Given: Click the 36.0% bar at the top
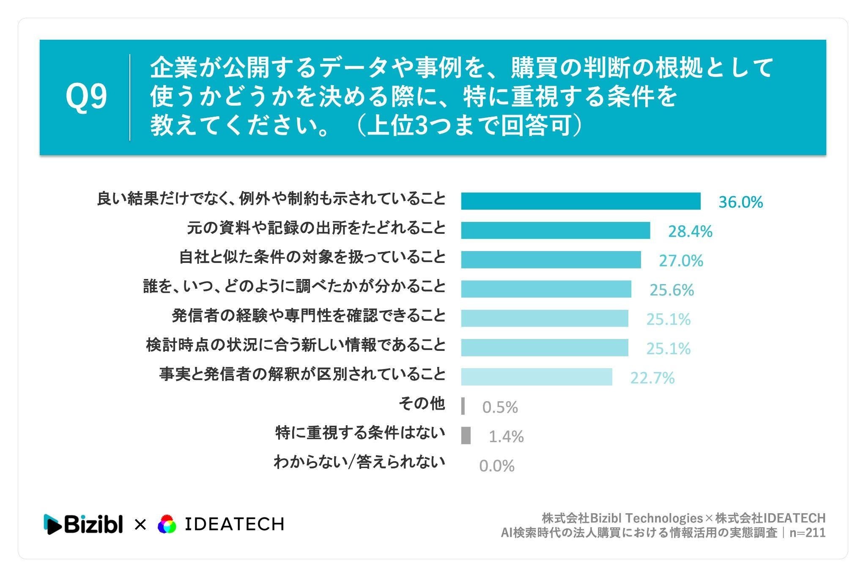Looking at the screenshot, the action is click(581, 201).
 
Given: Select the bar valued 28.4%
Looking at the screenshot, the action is click(556, 230).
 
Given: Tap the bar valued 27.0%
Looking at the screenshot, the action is click(551, 260).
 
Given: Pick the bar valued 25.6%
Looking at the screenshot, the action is click(546, 289).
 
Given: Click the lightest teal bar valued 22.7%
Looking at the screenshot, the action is click(537, 377).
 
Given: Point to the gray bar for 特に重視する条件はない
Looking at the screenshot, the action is click(466, 435).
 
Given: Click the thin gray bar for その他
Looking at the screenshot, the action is click(463, 406).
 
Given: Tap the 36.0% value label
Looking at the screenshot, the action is click(741, 202).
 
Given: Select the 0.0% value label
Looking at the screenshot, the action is click(497, 466).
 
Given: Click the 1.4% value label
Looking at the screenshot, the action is click(506, 436).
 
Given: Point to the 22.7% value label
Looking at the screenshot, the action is click(652, 377).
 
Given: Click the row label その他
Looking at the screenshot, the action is click(422, 404).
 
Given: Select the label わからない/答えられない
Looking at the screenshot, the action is click(359, 462).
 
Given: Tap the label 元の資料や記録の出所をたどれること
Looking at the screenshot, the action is click(316, 228).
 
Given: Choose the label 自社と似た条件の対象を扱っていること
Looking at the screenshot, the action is click(312, 257).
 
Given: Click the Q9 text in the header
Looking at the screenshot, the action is click(86, 97).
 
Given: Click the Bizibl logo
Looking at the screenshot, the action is click(83, 524).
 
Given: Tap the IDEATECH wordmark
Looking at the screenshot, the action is click(235, 524).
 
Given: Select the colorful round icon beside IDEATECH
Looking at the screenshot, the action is click(167, 525).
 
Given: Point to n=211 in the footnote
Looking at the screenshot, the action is click(808, 533).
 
